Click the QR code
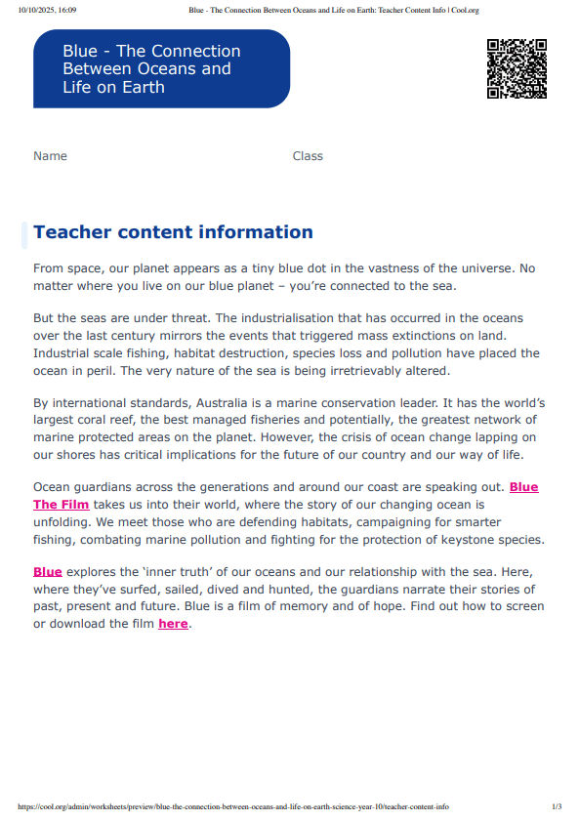click(517, 68)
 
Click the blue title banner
click(161, 68)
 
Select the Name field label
click(50, 156)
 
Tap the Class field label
click(308, 156)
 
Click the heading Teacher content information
click(173, 232)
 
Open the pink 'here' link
click(173, 624)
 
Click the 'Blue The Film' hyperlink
click(62, 505)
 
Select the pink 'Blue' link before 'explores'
click(47, 571)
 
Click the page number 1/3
click(557, 807)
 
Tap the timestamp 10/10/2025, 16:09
click(47, 10)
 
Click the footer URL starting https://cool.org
click(233, 807)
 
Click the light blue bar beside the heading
click(24, 235)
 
